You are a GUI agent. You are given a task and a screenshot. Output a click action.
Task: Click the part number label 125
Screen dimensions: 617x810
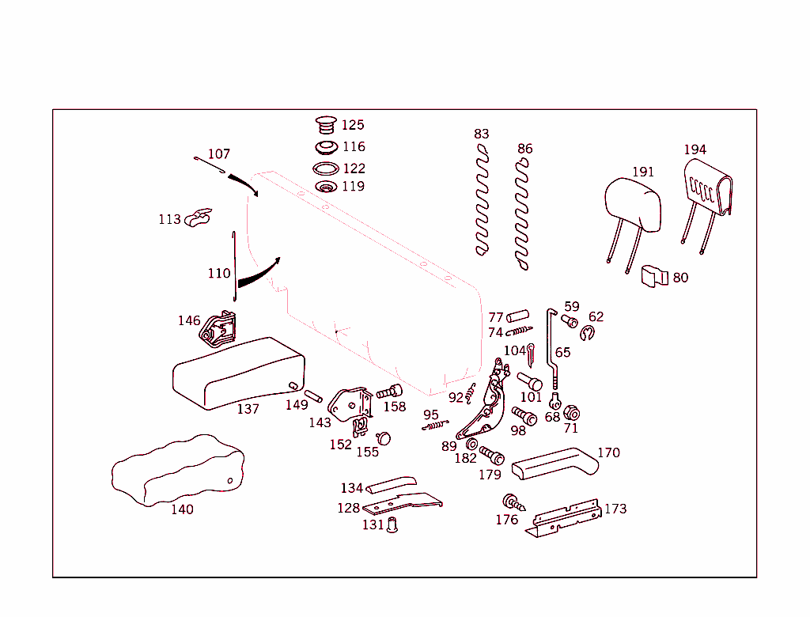pos(353,125)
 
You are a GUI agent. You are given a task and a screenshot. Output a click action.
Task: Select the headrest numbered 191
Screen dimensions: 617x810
pos(632,207)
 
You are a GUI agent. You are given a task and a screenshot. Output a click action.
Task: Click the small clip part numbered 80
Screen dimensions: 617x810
pos(653,276)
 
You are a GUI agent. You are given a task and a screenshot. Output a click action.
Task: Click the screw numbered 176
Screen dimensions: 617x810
pos(513,502)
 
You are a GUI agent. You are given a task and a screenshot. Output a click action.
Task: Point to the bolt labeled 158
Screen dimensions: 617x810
pos(390,392)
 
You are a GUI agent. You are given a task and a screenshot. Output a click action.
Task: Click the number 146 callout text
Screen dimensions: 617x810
pos(189,320)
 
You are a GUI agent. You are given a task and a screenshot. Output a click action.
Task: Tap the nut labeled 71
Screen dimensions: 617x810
pos(572,413)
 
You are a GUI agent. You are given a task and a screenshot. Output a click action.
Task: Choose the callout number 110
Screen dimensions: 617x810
pos(219,274)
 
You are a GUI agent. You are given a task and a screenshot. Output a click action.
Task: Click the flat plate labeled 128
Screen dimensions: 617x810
pos(403,503)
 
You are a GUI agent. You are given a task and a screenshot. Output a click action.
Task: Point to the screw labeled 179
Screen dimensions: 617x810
pos(491,456)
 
